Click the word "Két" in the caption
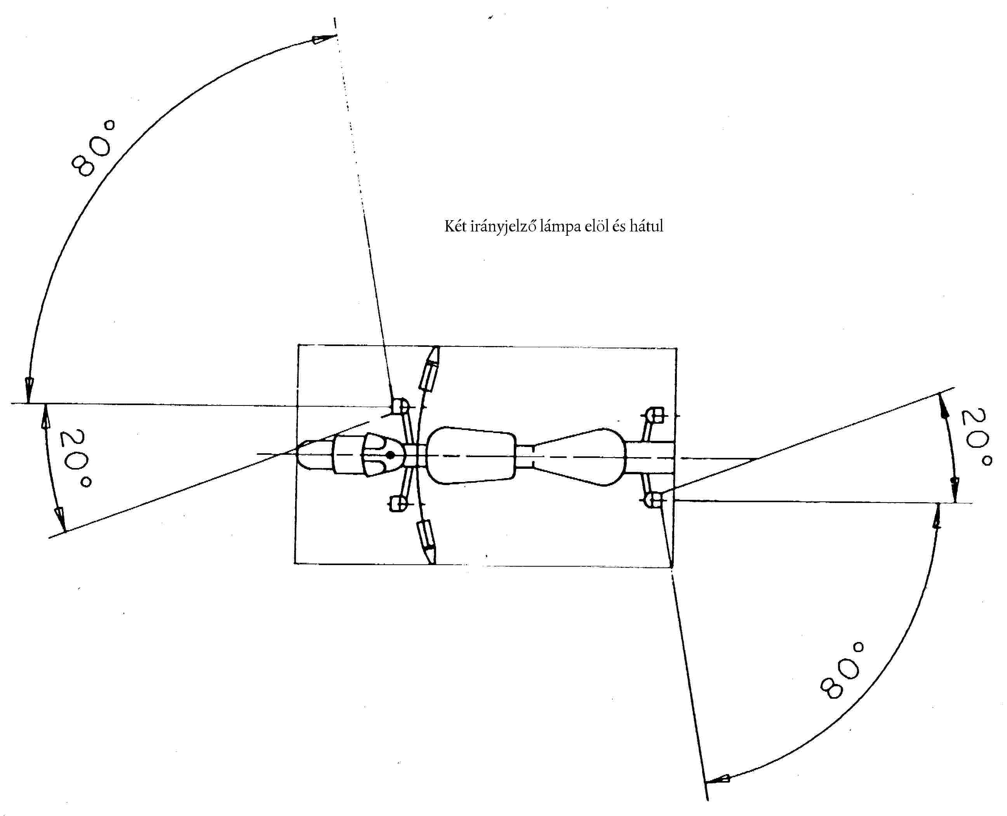pyautogui.click(x=455, y=226)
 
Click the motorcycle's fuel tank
pyautogui.click(x=472, y=456)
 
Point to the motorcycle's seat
pyautogui.click(x=580, y=456)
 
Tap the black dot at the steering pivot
pyautogui.click(x=390, y=455)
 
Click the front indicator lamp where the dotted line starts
pyautogui.click(x=400, y=405)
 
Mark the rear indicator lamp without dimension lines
pyautogui.click(x=655, y=416)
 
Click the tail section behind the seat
pyautogui.click(x=651, y=456)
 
